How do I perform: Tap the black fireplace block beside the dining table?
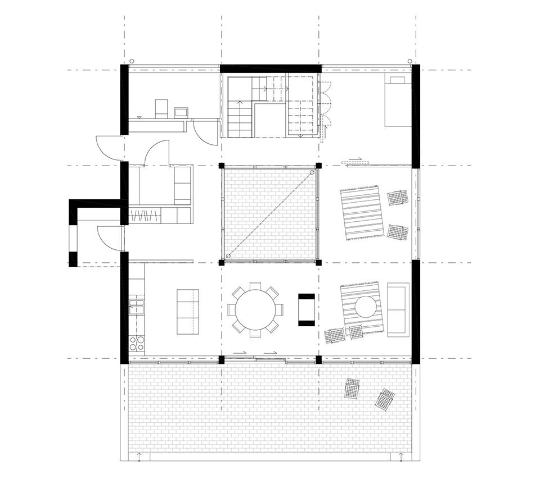tap(307, 309)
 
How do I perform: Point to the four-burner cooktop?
tap(136, 343)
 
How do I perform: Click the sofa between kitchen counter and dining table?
tap(188, 312)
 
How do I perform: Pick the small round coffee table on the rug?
tap(365, 307)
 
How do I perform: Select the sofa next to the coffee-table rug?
tap(398, 309)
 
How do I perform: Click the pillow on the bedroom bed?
tap(397, 80)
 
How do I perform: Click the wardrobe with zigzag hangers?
tap(146, 215)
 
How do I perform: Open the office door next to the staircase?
tap(200, 132)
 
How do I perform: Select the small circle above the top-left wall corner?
tap(131, 61)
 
